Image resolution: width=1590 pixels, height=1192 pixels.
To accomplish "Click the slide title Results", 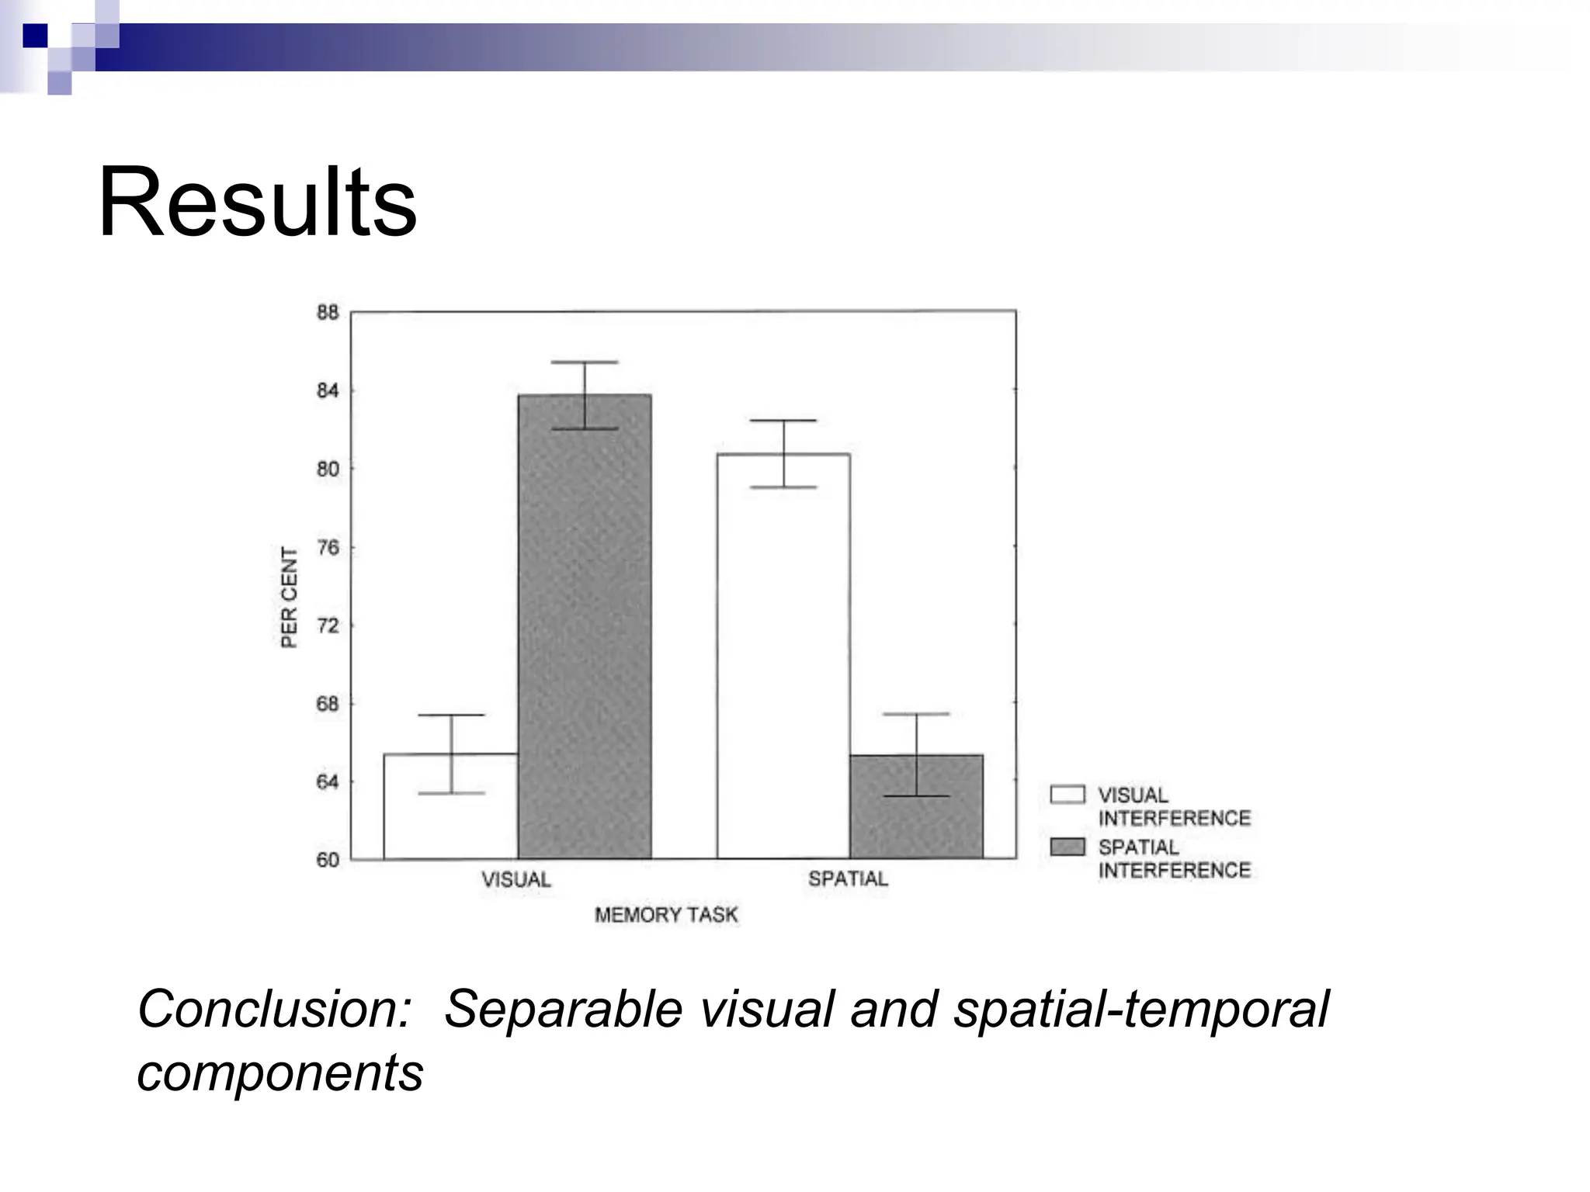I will [x=257, y=203].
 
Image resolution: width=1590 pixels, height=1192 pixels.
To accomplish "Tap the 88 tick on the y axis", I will [x=328, y=313].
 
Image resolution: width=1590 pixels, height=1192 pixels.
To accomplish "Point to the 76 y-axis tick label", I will [x=328, y=548].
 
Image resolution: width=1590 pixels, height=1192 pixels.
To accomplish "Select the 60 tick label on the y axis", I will [x=328, y=860].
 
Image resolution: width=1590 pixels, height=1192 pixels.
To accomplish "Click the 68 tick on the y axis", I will [x=328, y=704].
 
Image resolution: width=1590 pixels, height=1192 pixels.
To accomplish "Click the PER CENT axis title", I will [x=289, y=597].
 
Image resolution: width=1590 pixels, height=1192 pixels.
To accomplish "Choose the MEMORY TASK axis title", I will [x=666, y=915].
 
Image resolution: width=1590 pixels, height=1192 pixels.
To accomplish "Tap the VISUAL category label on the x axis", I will [x=516, y=880].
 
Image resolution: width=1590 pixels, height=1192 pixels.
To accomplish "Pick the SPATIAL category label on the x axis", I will [x=848, y=879].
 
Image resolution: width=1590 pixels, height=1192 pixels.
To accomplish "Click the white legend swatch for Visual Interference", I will [x=1068, y=795].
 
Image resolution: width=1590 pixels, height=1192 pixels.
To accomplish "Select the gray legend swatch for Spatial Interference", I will [x=1068, y=847].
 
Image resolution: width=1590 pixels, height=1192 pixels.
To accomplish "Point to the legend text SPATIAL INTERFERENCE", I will [x=1174, y=859].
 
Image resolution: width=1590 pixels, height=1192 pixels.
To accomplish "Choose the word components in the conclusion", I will [x=280, y=1073].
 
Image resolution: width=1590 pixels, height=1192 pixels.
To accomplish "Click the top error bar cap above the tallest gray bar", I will [x=584, y=362].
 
